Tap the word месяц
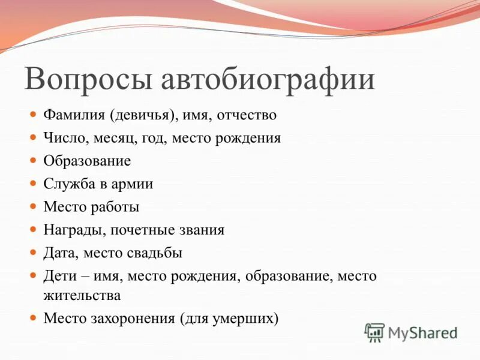click(113, 137)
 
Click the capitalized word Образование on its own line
click(87, 161)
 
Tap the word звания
click(202, 230)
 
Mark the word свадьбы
click(154, 253)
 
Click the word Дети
click(58, 276)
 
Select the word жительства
click(82, 295)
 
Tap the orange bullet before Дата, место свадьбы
click(34, 252)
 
